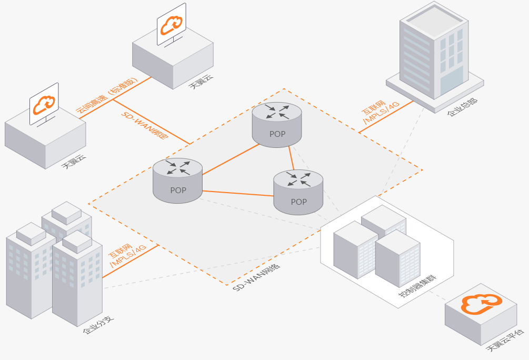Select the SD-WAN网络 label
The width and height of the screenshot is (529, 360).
coord(256,274)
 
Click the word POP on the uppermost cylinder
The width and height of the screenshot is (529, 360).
coord(277,134)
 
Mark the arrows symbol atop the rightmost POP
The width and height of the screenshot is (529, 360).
coord(298,179)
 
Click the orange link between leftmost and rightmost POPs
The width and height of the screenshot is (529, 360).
coord(238,193)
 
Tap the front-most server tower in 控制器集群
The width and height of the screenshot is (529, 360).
coord(397,258)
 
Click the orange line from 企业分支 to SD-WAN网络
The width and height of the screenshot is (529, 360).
coord(131,262)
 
